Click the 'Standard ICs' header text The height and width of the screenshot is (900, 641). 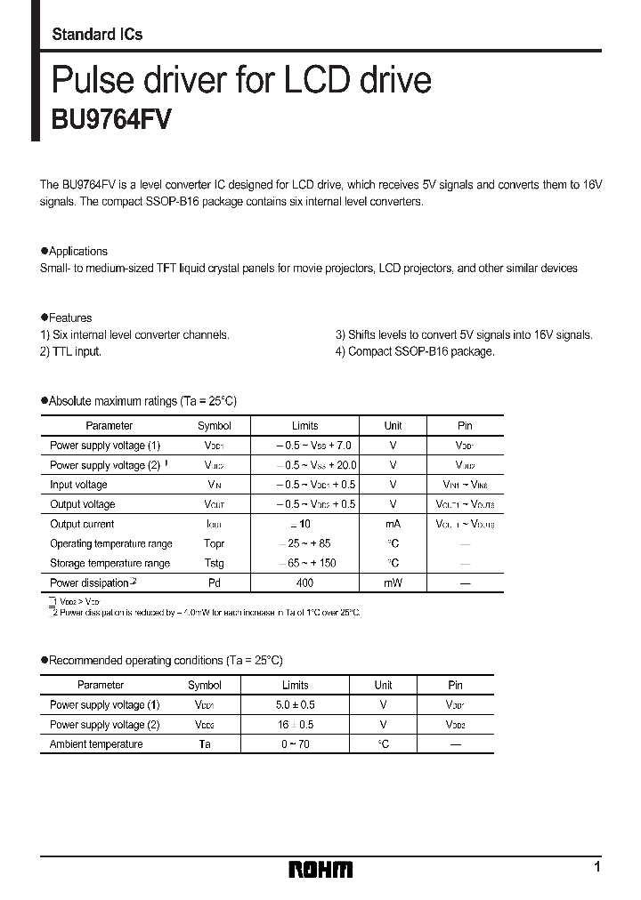pos(97,35)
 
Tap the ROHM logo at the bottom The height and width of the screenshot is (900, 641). pos(320,869)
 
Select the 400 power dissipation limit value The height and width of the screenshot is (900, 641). pos(304,583)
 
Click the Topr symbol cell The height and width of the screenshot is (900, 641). pos(214,543)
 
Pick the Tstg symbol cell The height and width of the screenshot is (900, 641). pos(214,563)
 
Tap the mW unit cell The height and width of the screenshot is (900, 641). pos(393,583)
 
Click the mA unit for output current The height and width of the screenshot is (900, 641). pos(393,524)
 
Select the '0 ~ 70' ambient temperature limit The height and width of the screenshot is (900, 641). pos(295,744)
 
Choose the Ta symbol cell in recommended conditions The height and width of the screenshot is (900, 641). pos(204,744)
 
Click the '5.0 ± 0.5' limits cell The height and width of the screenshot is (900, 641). pos(295,705)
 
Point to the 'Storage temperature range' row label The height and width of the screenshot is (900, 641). pos(110,563)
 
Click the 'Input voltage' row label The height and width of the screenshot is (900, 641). pos(78,485)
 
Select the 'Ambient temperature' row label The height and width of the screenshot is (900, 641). pos(96,744)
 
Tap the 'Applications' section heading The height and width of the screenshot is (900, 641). pos(77,252)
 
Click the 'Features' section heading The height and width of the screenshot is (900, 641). pos(69,317)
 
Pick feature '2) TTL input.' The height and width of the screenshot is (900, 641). pos(71,351)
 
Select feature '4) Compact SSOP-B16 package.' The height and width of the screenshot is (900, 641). pos(415,351)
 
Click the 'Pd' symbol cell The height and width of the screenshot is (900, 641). pos(214,583)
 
